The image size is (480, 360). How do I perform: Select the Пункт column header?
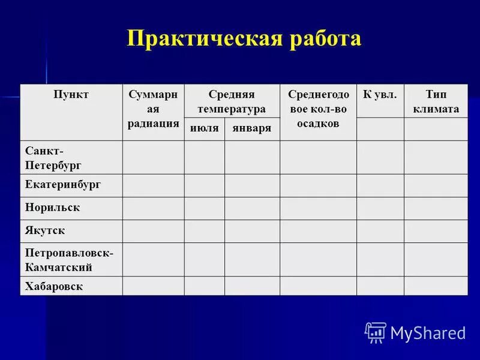tap(71, 95)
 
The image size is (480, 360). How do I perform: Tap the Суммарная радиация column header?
tap(153, 109)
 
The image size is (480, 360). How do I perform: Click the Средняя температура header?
tap(232, 102)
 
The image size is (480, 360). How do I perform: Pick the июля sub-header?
tap(204, 129)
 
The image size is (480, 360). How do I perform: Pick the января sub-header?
tap(252, 129)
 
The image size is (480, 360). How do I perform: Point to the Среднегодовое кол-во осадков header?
tap(318, 109)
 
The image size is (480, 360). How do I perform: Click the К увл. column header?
tap(380, 95)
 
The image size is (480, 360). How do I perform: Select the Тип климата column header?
tap(436, 102)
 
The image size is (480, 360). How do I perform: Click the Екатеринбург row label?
tap(63, 185)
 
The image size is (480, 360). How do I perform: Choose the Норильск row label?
tap(53, 208)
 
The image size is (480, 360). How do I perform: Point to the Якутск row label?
tap(45, 230)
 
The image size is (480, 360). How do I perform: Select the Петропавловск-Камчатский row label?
tap(69, 259)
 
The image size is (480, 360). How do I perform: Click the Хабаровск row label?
tap(54, 286)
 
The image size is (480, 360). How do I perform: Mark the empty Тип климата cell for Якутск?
tap(436, 231)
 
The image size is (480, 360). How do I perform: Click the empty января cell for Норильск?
tap(252, 208)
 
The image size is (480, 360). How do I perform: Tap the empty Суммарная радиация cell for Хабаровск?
tap(153, 286)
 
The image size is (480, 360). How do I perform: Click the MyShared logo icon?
tap(376, 332)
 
